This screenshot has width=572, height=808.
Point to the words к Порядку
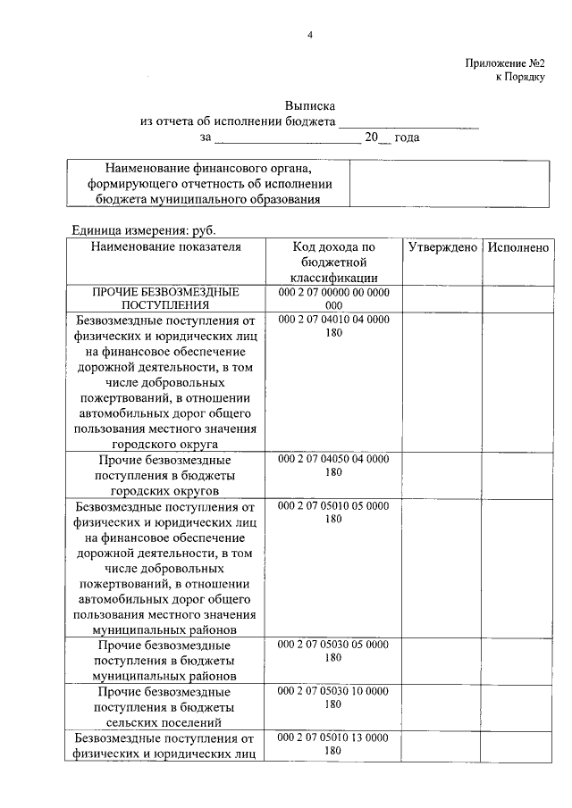[x=520, y=78]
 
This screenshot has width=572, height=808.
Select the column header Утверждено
[x=442, y=247]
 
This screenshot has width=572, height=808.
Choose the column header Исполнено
[x=518, y=247]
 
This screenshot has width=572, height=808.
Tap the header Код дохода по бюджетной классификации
[x=333, y=262]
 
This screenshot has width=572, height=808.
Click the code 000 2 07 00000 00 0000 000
[x=333, y=298]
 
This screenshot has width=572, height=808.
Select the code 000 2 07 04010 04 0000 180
[x=333, y=325]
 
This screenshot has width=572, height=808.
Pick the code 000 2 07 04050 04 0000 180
[x=333, y=465]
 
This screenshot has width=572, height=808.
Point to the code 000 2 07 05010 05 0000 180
[x=333, y=512]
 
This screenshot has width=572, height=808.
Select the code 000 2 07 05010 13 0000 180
[x=333, y=744]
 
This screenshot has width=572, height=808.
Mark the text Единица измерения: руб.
[x=144, y=229]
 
